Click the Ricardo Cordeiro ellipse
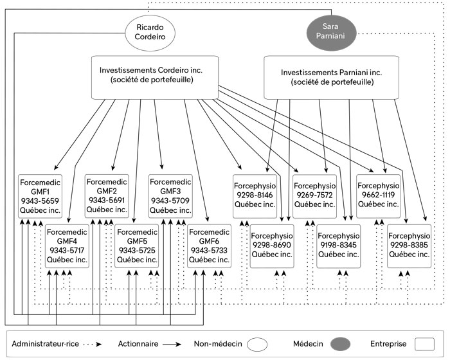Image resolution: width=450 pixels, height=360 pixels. (x=150, y=33)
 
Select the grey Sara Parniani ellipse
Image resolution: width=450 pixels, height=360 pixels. (x=332, y=33)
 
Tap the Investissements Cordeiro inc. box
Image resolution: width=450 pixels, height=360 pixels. (x=155, y=78)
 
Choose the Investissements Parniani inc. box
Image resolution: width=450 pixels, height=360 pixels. (x=331, y=78)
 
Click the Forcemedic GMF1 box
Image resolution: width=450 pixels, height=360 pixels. (x=40, y=196)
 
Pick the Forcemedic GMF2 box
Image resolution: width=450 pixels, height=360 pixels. (x=107, y=196)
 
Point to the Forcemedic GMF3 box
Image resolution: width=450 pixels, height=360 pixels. (x=170, y=196)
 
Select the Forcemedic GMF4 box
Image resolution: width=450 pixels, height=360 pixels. (x=67, y=246)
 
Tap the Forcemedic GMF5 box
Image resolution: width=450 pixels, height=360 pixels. (x=136, y=246)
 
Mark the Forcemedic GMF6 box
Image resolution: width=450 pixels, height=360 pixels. (x=209, y=246)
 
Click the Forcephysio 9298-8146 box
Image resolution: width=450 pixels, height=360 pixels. (x=255, y=196)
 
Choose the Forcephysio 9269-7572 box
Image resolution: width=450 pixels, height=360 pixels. (x=314, y=196)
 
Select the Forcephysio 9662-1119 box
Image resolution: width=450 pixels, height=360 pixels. (x=378, y=196)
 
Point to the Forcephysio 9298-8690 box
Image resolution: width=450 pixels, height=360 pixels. (x=272, y=246)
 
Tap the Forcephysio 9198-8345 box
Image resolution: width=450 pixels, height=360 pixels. (x=339, y=246)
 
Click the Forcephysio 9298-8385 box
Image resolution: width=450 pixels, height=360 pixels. (x=410, y=246)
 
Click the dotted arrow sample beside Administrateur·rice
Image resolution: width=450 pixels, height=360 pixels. (x=92, y=344)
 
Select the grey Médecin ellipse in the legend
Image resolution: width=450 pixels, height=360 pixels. (x=340, y=344)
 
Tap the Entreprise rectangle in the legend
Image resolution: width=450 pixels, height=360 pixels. (x=424, y=344)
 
